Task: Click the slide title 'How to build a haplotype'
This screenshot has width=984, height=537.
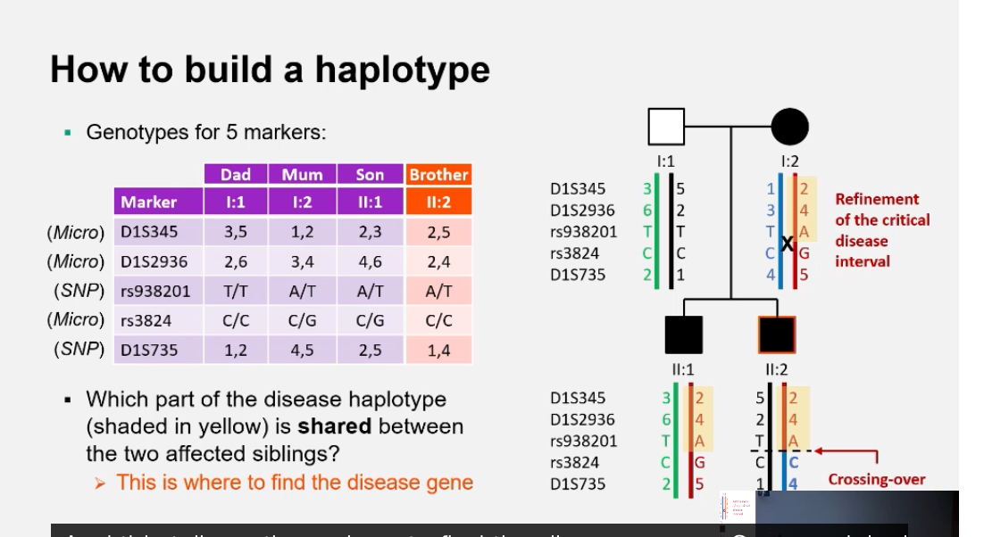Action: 270,70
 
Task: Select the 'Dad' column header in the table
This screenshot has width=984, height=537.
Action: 236,174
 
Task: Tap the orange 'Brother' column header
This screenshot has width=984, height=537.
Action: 438,174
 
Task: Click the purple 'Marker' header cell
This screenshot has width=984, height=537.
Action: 148,202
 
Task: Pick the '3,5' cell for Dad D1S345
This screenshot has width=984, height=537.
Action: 236,233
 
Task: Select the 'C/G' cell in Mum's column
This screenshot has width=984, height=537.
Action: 303,320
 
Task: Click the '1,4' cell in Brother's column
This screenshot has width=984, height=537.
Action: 438,351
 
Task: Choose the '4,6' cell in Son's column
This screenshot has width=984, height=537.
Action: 370,262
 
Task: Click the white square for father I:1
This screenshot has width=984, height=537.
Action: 666,127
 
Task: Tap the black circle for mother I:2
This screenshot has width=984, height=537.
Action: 789,127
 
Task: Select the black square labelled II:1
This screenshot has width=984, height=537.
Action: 682,335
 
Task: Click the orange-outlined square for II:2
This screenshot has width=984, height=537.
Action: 775,335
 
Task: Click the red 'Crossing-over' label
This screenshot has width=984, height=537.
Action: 876,480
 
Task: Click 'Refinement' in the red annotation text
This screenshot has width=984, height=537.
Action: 877,199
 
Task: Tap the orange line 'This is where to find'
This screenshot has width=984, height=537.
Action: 295,483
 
